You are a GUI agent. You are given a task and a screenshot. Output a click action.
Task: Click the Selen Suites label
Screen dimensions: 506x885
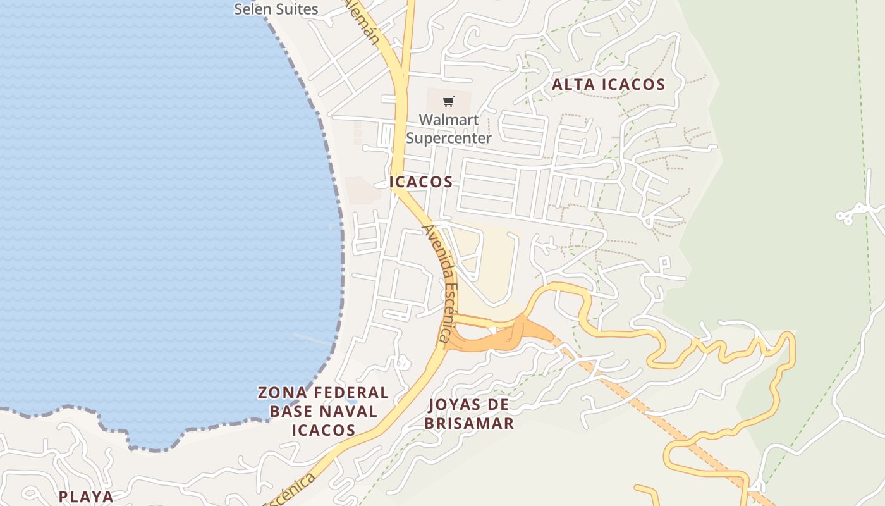coord(276,9)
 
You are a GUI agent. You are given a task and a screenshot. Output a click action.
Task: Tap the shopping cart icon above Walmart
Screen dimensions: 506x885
coord(448,101)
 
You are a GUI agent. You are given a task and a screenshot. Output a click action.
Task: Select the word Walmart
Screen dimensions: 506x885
coord(448,120)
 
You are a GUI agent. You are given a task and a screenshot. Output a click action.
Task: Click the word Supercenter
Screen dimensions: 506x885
coord(448,138)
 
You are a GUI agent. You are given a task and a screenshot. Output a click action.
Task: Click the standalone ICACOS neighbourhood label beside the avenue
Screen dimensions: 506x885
coord(421,182)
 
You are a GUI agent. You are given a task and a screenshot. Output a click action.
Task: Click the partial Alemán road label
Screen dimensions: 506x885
coord(363,22)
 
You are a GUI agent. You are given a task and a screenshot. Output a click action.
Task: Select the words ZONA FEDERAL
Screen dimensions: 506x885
coord(323,393)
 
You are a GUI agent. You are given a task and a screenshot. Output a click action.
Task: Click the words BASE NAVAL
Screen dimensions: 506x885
coord(323,411)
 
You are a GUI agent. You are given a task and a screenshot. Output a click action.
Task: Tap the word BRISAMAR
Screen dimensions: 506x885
coord(468,423)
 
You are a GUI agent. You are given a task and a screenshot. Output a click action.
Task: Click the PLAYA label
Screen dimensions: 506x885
coord(86,497)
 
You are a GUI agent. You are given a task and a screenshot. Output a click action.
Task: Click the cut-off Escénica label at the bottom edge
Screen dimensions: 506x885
coord(291,490)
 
